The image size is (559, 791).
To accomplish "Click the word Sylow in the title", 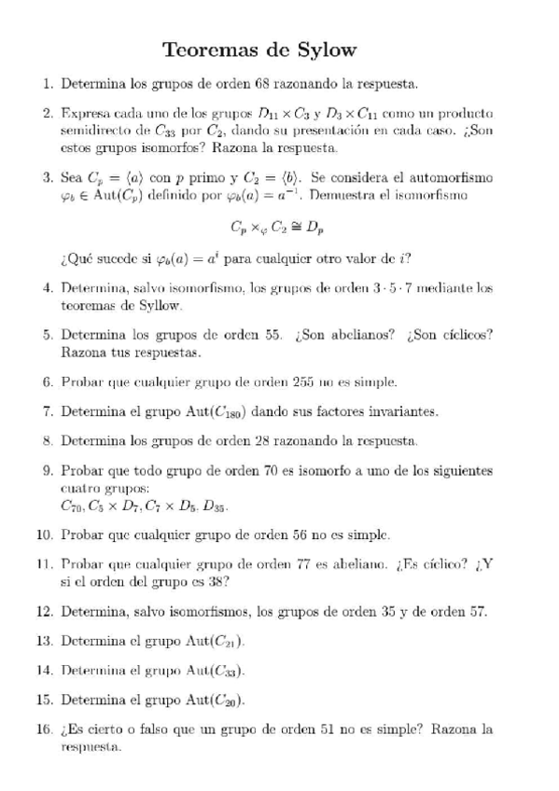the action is coord(320,49).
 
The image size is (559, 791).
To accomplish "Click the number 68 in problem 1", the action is coord(262,85).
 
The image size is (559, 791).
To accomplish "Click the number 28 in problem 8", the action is coord(273,440).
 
